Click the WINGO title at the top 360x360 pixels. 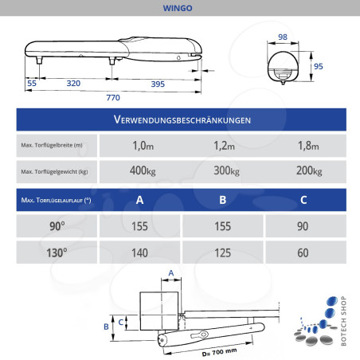(180, 9)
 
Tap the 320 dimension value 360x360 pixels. (73, 83)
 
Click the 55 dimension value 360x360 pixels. (32, 83)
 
